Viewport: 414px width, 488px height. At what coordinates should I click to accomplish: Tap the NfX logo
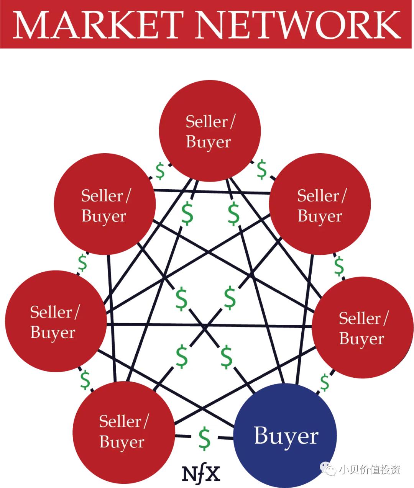[x=201, y=473]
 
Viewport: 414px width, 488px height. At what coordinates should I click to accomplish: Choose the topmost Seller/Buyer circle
[x=210, y=131]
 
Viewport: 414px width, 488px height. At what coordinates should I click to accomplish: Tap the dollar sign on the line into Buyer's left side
[x=205, y=438]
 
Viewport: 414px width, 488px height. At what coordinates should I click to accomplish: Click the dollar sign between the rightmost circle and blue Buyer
[x=324, y=382]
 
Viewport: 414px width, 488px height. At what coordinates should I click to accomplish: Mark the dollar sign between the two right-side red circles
[x=338, y=266]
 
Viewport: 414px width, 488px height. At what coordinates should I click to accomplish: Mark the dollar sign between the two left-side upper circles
[x=82, y=262]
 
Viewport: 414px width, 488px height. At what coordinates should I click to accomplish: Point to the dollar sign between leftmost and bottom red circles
[x=85, y=379]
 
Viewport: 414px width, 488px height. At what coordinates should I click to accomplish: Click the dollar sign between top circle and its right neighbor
[x=261, y=169]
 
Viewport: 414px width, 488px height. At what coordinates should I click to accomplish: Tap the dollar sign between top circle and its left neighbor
[x=160, y=171]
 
